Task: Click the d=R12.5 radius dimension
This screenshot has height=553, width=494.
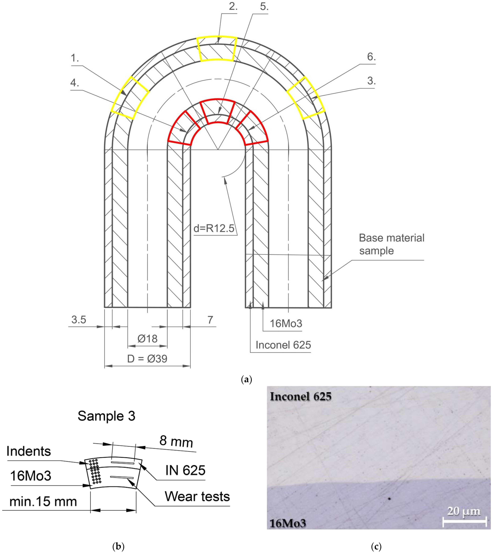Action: coord(214,229)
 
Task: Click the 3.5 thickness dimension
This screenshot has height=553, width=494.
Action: coord(79,320)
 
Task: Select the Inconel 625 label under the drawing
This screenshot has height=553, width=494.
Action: coord(283,345)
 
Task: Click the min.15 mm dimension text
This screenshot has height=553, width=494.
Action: coord(43,501)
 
